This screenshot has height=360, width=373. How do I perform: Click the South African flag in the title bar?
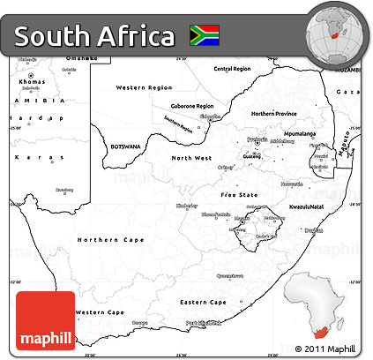coord(204,35)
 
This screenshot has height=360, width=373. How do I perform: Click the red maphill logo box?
coord(44,323)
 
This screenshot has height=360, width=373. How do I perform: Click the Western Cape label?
coord(101,312)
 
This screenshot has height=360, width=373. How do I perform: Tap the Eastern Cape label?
coord(204,302)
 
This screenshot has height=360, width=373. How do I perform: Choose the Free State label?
coord(238,193)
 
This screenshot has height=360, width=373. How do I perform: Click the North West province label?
coord(190,158)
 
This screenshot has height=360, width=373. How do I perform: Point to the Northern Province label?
coord(274,113)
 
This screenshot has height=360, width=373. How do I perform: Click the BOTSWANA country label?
coord(125,146)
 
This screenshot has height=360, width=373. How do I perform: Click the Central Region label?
coord(232,68)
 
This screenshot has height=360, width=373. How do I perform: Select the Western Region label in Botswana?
coord(144,87)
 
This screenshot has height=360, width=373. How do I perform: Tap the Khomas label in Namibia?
coord(32,81)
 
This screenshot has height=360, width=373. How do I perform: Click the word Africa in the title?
coord(135,37)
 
